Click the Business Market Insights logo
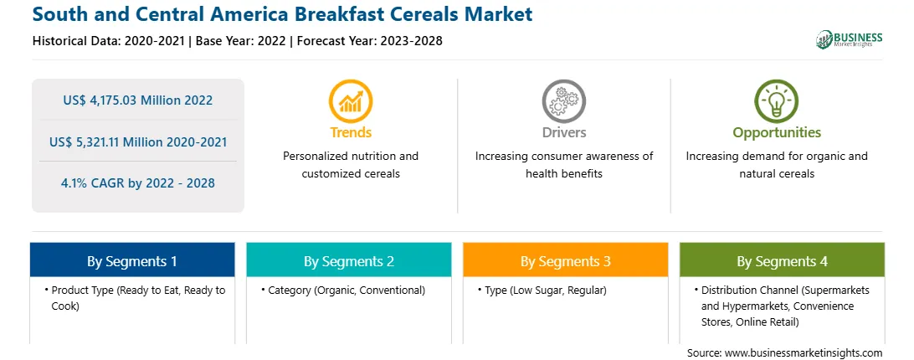tap(849, 39)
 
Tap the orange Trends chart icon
tap(351, 101)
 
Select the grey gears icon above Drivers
tap(563, 101)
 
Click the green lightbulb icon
tap(777, 101)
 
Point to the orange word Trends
tap(351, 132)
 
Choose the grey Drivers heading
tap(563, 132)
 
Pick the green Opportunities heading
tap(777, 133)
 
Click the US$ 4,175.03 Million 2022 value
tap(137, 100)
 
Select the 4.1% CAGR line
tap(137, 183)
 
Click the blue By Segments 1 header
tap(131, 261)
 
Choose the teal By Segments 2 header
tap(348, 261)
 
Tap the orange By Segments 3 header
tap(566, 261)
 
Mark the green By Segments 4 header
tap(783, 261)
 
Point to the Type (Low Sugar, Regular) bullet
tap(542, 290)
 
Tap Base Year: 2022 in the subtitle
tap(240, 41)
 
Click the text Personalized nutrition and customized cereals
tap(351, 165)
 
